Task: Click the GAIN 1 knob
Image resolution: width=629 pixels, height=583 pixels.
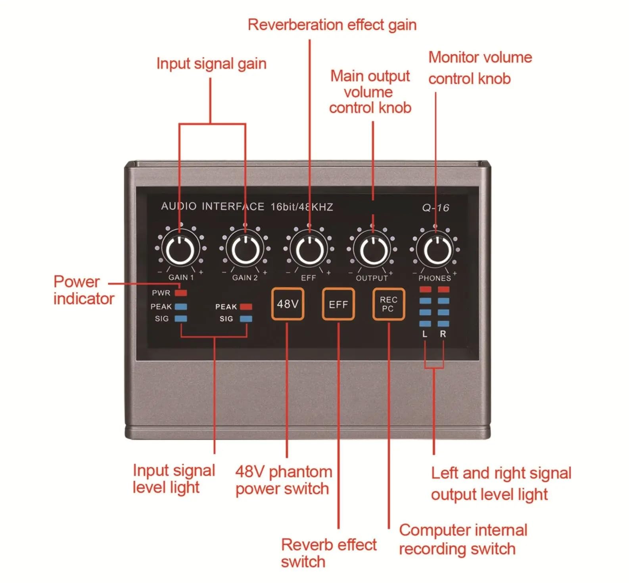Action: (x=180, y=250)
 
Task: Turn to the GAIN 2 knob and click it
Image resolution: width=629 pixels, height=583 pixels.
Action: (x=245, y=250)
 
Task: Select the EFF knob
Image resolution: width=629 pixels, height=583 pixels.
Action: (x=309, y=250)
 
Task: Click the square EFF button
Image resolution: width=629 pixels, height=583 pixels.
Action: (x=338, y=304)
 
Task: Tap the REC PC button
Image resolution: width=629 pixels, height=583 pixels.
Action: (x=388, y=304)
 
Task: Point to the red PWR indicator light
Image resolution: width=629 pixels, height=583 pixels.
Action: (x=181, y=293)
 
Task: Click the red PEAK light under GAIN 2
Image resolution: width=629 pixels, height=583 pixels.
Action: (x=246, y=307)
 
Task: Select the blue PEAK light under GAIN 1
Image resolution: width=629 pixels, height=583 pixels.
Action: (x=181, y=306)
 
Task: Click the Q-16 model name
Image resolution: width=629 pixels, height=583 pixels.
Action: (x=435, y=208)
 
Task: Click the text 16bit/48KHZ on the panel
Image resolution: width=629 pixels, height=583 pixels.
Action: (x=302, y=207)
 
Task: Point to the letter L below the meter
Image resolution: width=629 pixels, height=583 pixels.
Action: (x=425, y=334)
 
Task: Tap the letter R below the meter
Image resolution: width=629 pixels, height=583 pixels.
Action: (x=443, y=334)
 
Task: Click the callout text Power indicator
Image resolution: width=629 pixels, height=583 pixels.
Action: (x=84, y=290)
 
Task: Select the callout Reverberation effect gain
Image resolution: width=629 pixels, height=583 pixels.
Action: (x=332, y=25)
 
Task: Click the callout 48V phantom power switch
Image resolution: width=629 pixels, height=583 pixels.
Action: (x=284, y=480)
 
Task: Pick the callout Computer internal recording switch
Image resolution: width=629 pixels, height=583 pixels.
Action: (x=463, y=539)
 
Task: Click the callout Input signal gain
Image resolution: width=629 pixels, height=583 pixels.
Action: (x=211, y=63)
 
